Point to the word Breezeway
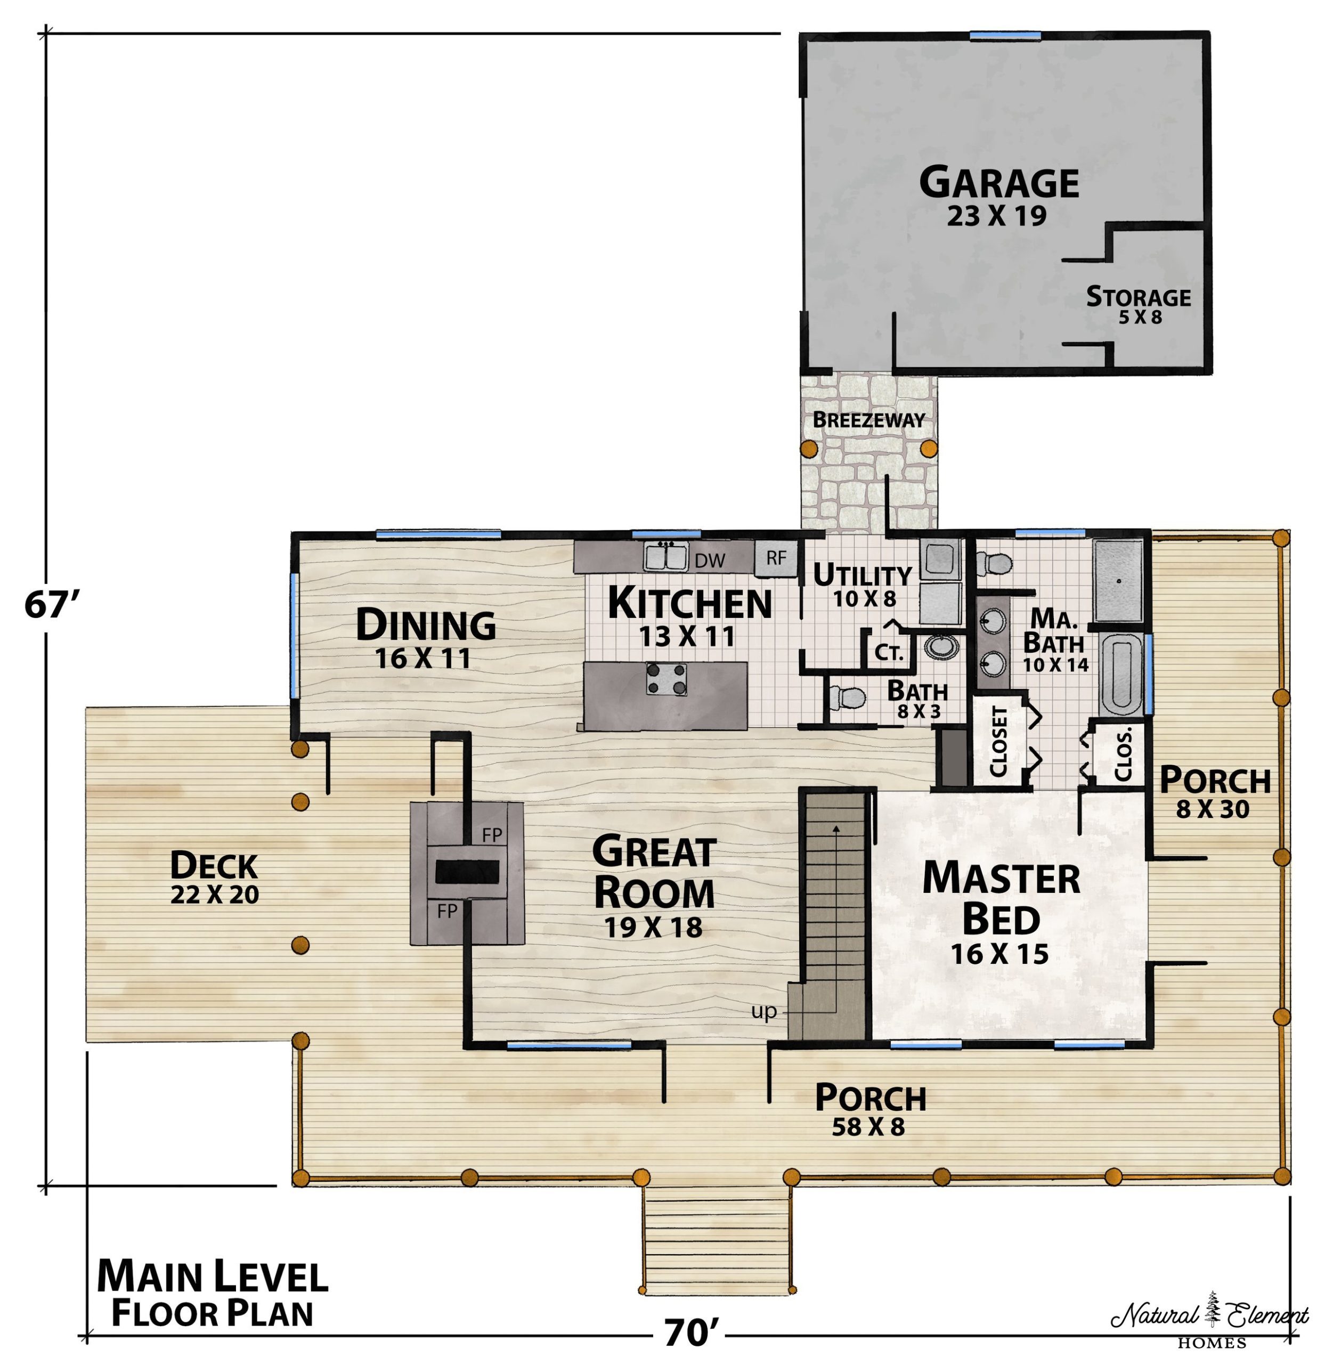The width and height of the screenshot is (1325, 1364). pyautogui.click(x=868, y=420)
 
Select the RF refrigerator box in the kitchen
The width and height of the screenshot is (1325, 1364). pyautogui.click(x=776, y=558)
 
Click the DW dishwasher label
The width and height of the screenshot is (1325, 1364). pyautogui.click(x=710, y=560)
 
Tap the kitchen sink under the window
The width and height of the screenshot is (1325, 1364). pyautogui.click(x=665, y=557)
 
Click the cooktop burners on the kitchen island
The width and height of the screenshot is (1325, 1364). pyautogui.click(x=666, y=678)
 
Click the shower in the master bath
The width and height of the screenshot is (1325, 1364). pyautogui.click(x=1118, y=580)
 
